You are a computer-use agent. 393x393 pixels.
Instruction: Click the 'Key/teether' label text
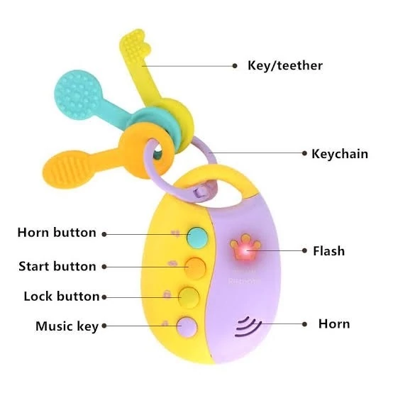click(x=285, y=66)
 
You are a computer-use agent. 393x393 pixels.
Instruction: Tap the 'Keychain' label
click(x=340, y=154)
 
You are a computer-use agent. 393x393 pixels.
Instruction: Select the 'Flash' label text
click(x=329, y=251)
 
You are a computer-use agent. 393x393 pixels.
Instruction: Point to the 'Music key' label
click(x=67, y=326)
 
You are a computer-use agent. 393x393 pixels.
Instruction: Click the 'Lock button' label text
click(x=62, y=297)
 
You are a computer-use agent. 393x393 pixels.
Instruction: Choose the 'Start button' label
click(x=57, y=266)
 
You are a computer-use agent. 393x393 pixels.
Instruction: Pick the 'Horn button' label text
click(x=57, y=233)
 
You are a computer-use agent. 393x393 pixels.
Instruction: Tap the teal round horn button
click(x=197, y=238)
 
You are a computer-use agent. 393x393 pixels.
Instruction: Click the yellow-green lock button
click(x=189, y=297)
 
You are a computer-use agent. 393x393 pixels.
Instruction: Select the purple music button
click(x=187, y=327)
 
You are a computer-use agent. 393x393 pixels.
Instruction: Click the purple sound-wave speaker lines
click(x=248, y=326)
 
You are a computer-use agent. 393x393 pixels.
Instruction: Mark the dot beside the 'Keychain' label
click(x=304, y=153)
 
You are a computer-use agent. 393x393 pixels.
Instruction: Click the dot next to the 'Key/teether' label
click(x=235, y=66)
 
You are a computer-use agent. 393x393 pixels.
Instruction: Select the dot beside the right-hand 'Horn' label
click(x=304, y=324)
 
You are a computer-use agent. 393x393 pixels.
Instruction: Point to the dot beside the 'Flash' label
click(x=304, y=250)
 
